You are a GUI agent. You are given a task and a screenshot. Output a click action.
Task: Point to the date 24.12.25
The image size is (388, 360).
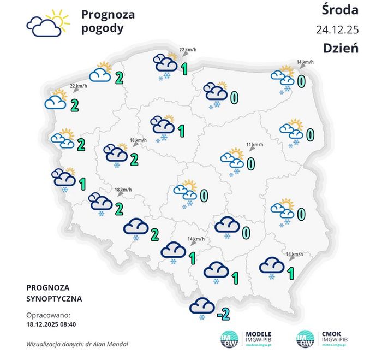[337, 29]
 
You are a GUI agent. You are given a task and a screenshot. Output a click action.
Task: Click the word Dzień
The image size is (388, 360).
[341, 48]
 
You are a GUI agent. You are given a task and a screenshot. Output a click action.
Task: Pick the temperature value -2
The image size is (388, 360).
[222, 314]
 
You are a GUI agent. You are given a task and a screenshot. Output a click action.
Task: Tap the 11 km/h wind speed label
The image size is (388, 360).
[254, 145]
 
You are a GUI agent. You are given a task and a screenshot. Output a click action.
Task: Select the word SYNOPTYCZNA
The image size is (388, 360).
[54, 299]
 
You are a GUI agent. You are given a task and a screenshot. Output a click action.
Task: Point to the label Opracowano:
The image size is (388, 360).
[49, 315]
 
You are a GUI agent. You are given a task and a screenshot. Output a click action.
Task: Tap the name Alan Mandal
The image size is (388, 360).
[116, 345]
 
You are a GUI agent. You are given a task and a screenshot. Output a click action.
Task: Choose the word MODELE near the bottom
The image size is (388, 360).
[259, 334]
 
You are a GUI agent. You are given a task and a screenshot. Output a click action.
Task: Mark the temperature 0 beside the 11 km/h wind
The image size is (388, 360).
[251, 163]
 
